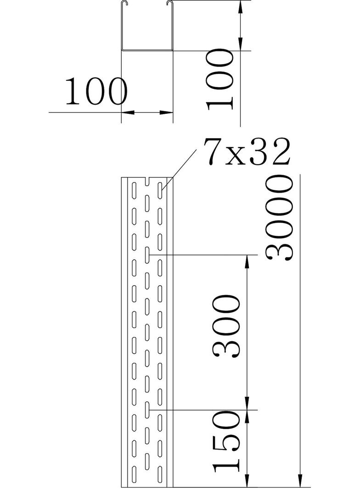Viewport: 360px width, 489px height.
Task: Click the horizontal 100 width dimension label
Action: (96, 91)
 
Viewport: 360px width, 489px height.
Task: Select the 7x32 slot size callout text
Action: (247, 152)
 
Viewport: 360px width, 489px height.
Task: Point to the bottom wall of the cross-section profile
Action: (147, 50)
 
